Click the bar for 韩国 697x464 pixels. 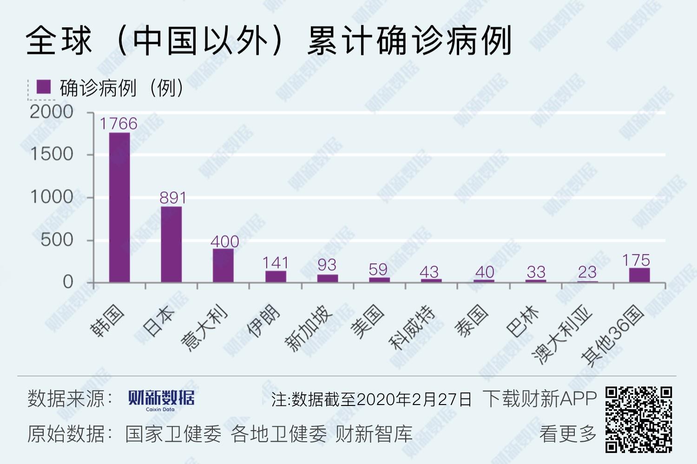119,207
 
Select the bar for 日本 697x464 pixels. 171,244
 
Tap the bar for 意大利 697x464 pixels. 223,265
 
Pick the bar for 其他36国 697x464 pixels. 639,275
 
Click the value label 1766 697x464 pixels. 118,124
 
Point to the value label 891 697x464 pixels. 173,198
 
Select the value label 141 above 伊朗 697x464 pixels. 276,263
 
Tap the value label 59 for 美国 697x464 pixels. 378,269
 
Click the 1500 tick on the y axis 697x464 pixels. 52,154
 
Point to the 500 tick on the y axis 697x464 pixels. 57,240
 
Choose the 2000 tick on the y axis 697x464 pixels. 52,112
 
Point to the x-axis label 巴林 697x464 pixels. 523,321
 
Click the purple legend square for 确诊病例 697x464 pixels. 44,87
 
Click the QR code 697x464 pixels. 639,419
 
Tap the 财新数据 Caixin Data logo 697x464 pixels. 161,399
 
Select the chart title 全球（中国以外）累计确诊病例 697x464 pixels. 269,40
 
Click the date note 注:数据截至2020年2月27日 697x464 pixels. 371,399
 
